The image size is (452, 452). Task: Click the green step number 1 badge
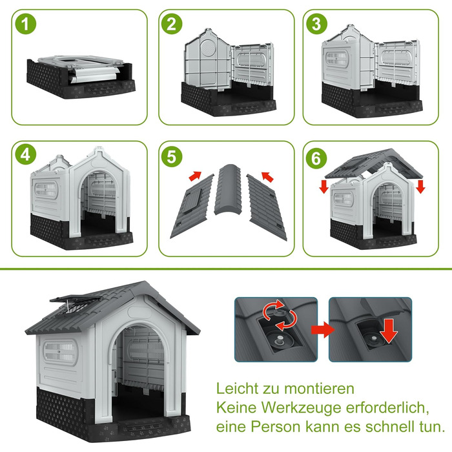tap(26, 24)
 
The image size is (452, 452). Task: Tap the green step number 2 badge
tap(172, 24)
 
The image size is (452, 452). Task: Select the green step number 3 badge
tap(316, 24)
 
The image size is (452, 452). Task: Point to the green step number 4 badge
tap(26, 154)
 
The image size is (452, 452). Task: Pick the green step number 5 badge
tap(172, 157)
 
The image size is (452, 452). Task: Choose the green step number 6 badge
tap(316, 158)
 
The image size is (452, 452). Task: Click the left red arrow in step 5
tap(195, 176)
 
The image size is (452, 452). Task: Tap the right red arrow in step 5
tap(267, 177)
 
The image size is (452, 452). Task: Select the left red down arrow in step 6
tap(324, 187)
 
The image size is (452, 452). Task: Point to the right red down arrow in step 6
tap(420, 187)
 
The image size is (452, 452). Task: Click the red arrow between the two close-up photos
tap(323, 330)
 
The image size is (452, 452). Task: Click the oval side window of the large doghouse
tap(61, 352)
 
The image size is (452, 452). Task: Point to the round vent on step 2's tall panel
tap(208, 48)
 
